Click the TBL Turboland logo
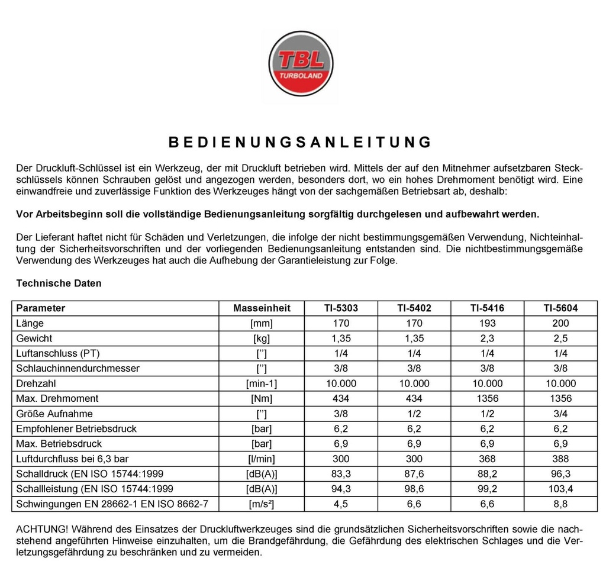pos(301,64)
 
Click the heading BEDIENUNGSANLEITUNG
pos(300,142)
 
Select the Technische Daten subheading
pos(59,283)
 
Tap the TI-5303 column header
pos(341,308)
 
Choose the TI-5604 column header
pos(560,308)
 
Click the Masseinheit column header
pos(262,308)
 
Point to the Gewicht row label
pos(34,338)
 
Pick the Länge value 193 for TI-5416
pos(487,323)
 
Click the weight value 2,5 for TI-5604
pos(560,338)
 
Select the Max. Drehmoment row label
pos(57,398)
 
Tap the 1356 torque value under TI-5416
pos(487,398)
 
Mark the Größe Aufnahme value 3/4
pos(560,414)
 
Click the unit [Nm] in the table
pos(262,398)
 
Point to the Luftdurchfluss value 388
pos(560,459)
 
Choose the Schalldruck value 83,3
pos(341,474)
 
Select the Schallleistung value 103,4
pos(560,489)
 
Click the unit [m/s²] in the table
pos(262,504)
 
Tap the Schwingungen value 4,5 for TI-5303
pos(341,504)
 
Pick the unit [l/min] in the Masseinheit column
pos(262,459)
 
